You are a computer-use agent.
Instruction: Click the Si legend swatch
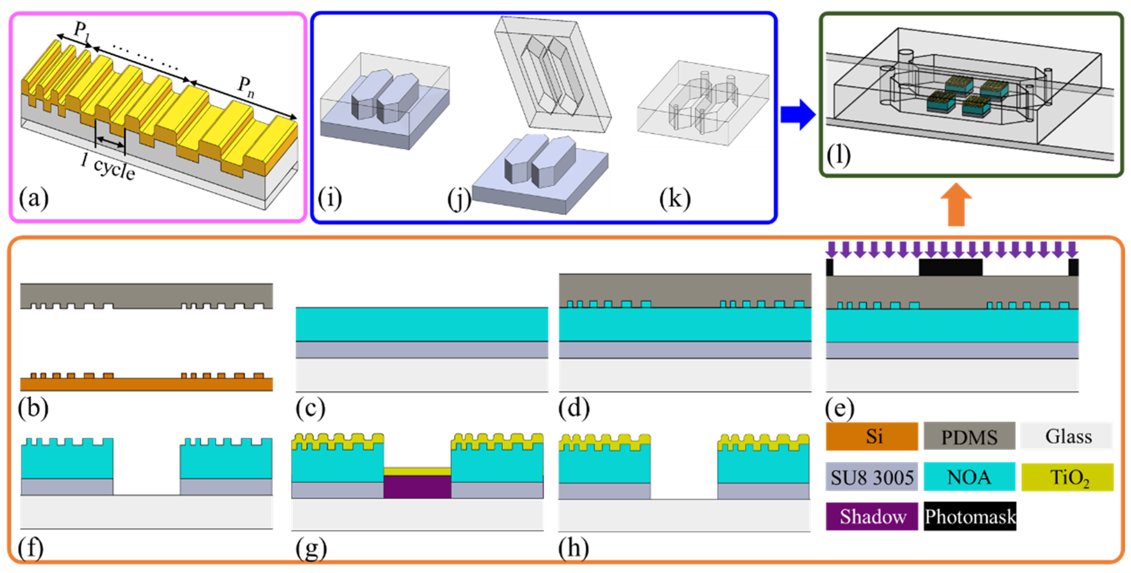pyautogui.click(x=871, y=436)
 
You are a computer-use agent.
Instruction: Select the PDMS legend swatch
pyautogui.click(x=969, y=436)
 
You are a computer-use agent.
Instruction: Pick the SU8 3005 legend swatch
pyautogui.click(x=871, y=477)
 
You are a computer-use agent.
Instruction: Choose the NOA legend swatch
pyautogui.click(x=969, y=477)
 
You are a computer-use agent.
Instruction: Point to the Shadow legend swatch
pyautogui.click(x=871, y=516)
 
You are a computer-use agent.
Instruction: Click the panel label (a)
pyautogui.click(x=33, y=199)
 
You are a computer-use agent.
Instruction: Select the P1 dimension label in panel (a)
pyautogui.click(x=82, y=31)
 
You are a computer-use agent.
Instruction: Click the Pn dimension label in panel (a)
pyautogui.click(x=246, y=86)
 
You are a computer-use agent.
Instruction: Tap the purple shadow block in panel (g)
pyautogui.click(x=417, y=487)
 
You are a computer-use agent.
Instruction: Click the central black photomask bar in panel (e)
pyautogui.click(x=950, y=267)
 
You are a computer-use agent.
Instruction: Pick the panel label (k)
pyautogui.click(x=675, y=199)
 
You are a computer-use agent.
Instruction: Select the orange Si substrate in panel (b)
pyautogui.click(x=146, y=384)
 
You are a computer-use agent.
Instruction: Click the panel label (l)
pyautogui.click(x=838, y=155)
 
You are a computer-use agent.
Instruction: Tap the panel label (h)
pyautogui.click(x=573, y=548)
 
